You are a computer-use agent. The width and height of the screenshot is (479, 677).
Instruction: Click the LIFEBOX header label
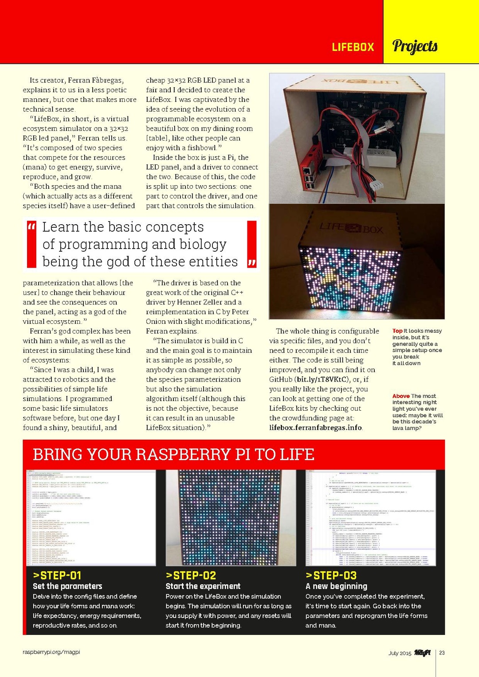[x=353, y=47]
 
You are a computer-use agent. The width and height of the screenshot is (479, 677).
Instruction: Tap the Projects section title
[x=415, y=46]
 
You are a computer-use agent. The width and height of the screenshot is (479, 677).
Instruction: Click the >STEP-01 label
[x=57, y=576]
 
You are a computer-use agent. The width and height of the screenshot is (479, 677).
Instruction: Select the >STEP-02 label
[x=191, y=576]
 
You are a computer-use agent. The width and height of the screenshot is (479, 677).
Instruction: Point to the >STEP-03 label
[x=331, y=576]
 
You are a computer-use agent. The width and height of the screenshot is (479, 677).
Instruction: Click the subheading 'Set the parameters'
[x=67, y=586]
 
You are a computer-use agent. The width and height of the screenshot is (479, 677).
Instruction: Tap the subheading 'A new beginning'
[x=336, y=586]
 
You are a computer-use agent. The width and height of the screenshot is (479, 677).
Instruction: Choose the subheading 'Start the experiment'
[x=203, y=586]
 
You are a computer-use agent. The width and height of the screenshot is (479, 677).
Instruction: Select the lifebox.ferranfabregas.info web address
[x=315, y=428]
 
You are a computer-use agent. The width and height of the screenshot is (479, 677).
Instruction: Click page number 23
[x=442, y=653]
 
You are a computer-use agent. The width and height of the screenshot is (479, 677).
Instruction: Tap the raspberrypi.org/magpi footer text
[x=51, y=652]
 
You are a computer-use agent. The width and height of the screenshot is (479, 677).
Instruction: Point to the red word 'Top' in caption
[x=397, y=331]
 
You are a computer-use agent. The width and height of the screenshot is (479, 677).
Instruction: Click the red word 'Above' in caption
[x=401, y=396]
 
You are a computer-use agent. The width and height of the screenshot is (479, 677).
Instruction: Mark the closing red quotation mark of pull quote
[x=251, y=263]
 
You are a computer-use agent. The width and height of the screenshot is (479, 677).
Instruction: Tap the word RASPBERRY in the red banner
[x=177, y=455]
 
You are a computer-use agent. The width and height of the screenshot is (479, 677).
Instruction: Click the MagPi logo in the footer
[x=422, y=653]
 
